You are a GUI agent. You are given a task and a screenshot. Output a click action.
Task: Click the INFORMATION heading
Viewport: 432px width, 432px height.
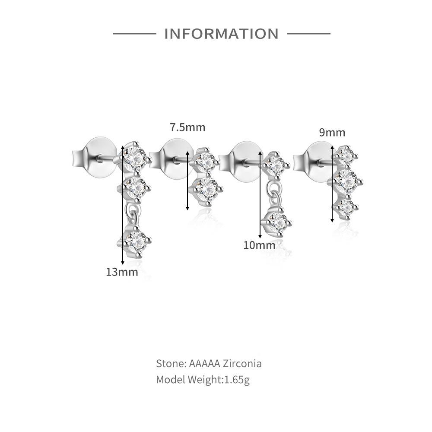coord(221,34)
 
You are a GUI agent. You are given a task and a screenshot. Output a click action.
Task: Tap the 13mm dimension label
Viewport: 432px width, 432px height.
coord(122,272)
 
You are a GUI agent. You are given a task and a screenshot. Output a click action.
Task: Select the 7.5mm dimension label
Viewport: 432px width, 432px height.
coord(187,127)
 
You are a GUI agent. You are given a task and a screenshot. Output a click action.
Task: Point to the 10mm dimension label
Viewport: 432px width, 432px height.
coord(259,245)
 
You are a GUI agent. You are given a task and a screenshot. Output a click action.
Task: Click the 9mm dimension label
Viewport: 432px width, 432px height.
coord(332,133)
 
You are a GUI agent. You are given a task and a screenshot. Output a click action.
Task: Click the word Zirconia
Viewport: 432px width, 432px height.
coord(242,364)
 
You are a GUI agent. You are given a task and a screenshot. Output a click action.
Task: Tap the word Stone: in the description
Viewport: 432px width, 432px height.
coord(172,364)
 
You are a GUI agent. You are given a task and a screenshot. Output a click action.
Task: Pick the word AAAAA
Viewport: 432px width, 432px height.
coord(204,364)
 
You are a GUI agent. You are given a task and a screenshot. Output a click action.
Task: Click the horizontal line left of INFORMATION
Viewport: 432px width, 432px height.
coord(134,34)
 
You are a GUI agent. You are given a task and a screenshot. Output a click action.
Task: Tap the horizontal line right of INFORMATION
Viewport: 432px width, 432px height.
coord(308,34)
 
